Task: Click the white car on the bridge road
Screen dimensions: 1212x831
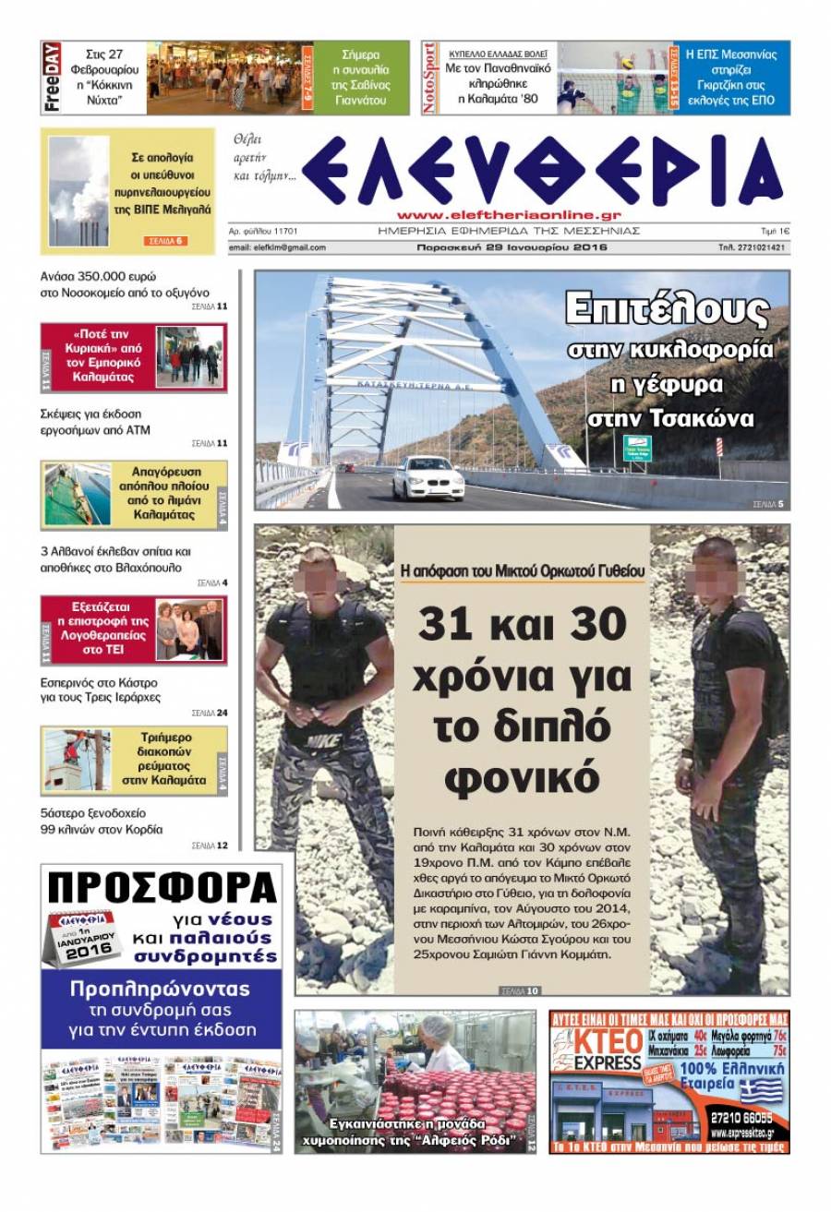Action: [428, 477]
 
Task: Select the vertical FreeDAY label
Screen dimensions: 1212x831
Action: [52, 78]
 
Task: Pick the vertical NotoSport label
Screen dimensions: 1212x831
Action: [429, 78]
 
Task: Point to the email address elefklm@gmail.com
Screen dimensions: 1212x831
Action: [277, 247]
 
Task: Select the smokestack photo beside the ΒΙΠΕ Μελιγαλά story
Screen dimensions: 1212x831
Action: [78, 190]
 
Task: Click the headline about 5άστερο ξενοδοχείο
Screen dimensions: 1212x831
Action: [101, 821]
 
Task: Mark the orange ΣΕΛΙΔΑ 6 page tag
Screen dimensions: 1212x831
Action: [166, 241]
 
